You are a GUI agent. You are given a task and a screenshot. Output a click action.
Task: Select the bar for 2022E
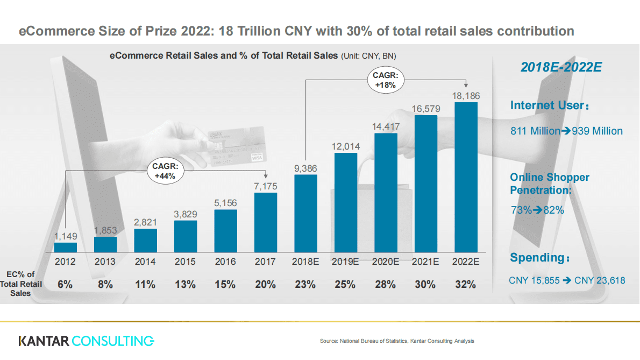tap(466, 177)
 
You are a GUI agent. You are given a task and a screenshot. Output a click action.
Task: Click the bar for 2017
tap(266, 222)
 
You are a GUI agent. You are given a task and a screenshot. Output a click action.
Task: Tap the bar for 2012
tap(66, 246)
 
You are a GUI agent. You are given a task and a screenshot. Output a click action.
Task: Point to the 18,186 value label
tap(466, 95)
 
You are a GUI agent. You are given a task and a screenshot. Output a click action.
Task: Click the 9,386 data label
tap(305, 168)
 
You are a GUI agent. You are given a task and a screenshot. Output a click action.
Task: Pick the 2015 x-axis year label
tap(186, 262)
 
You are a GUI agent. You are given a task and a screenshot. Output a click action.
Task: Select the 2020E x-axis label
tap(386, 262)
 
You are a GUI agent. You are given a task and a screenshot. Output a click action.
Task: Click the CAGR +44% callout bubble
tap(165, 171)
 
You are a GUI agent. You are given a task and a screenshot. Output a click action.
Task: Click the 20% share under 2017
tap(266, 285)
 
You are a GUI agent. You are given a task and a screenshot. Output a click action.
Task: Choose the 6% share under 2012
tap(65, 285)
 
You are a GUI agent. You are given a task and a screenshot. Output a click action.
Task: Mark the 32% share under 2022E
tap(466, 285)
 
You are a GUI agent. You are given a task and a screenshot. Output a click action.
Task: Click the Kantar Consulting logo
tap(86, 341)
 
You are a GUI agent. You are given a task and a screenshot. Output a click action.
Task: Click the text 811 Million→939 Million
tap(566, 131)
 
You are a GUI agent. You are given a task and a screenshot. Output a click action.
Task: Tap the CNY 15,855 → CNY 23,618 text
tap(567, 280)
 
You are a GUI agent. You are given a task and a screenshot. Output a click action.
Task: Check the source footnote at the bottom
tap(397, 341)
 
